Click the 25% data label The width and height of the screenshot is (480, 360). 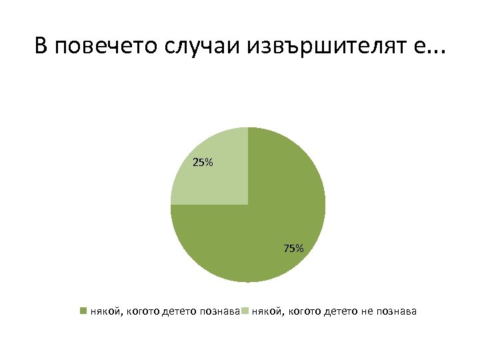203,162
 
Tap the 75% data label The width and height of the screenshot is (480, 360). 293,249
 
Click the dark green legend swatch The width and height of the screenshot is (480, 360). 83,311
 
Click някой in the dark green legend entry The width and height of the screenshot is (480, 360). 104,311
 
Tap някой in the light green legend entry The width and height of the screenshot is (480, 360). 265,311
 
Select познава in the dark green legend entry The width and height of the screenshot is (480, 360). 219,311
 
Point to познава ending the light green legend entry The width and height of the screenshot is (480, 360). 397,311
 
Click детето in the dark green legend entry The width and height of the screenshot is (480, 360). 178,311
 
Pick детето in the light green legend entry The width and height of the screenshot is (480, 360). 340,311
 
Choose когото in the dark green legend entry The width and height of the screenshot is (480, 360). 142,311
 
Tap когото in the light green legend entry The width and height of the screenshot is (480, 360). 303,311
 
